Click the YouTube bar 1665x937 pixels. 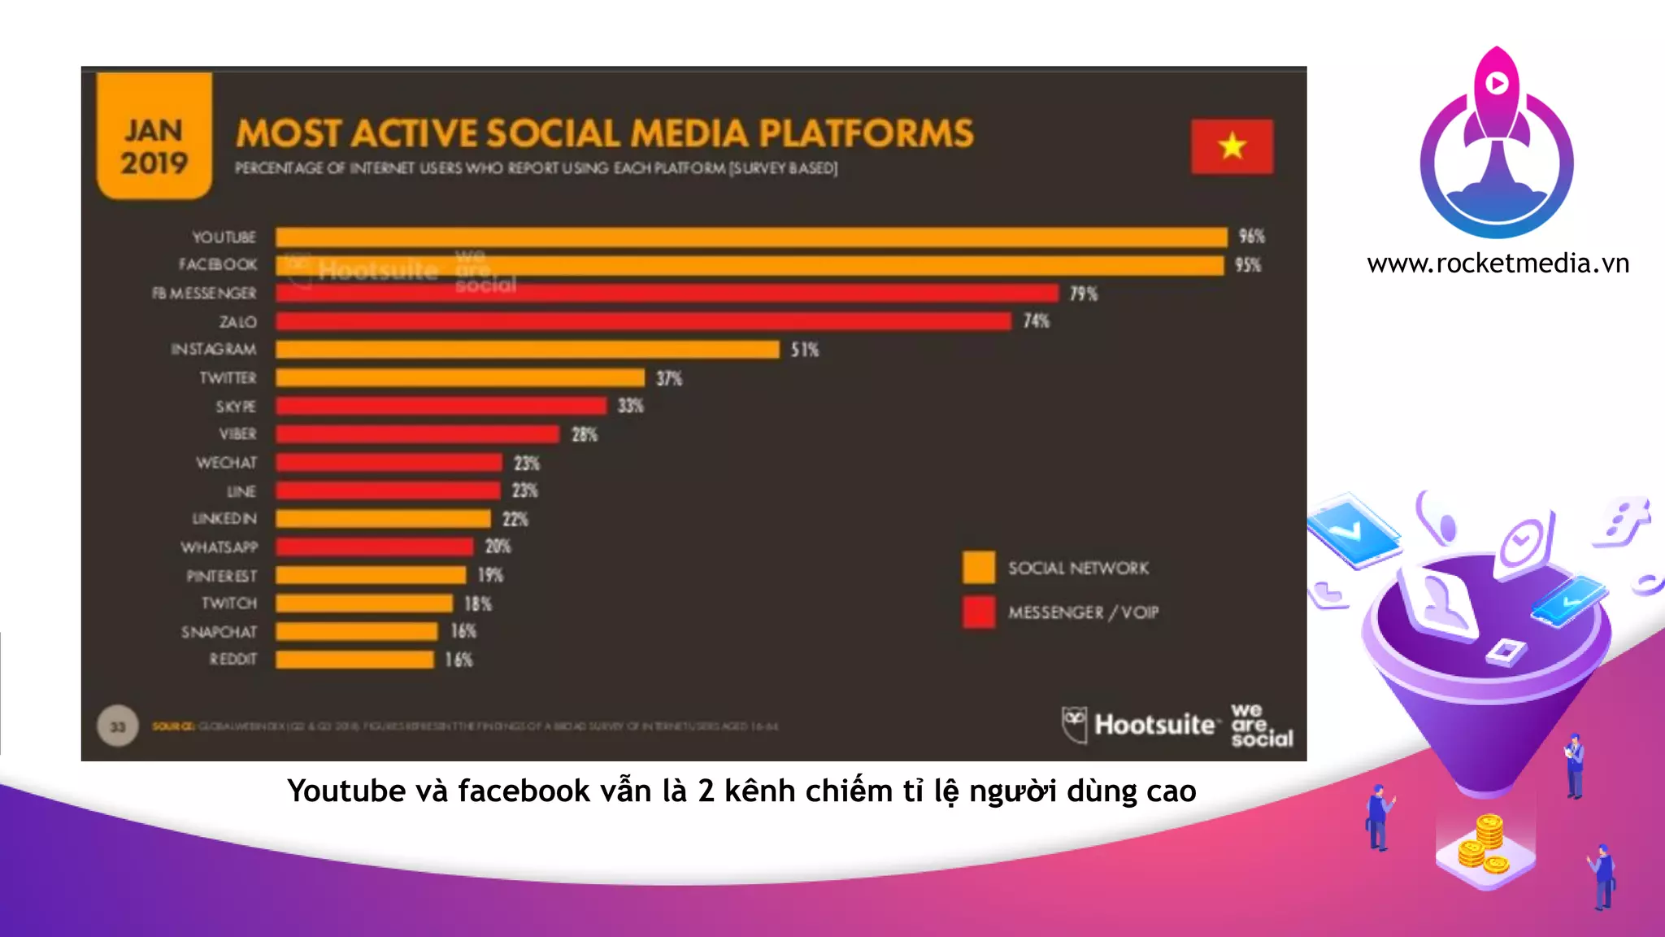tap(751, 237)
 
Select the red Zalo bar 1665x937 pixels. tap(643, 321)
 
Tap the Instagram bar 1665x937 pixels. tap(527, 350)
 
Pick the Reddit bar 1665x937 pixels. tap(354, 660)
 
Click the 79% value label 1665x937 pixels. tap(1083, 294)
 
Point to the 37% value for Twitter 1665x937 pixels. tap(669, 378)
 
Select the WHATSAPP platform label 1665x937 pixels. tap(219, 547)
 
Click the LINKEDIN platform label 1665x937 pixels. tap(224, 519)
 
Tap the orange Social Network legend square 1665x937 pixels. tap(979, 568)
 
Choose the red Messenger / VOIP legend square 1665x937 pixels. tap(979, 612)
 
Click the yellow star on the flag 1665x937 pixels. tap(1232, 146)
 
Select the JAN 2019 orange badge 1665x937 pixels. tap(154, 137)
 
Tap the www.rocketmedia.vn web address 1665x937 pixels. tap(1498, 264)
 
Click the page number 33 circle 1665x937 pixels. tap(118, 726)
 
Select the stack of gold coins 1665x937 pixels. tap(1484, 846)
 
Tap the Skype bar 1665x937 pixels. tap(441, 406)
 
